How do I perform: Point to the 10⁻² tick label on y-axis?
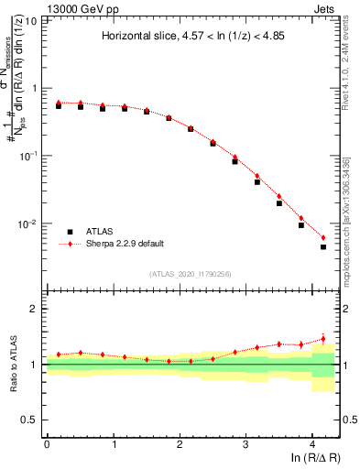(x=29, y=224)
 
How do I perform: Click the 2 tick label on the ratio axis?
(x=34, y=309)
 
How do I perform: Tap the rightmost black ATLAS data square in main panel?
(x=323, y=246)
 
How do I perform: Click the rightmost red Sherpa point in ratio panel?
(x=323, y=339)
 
